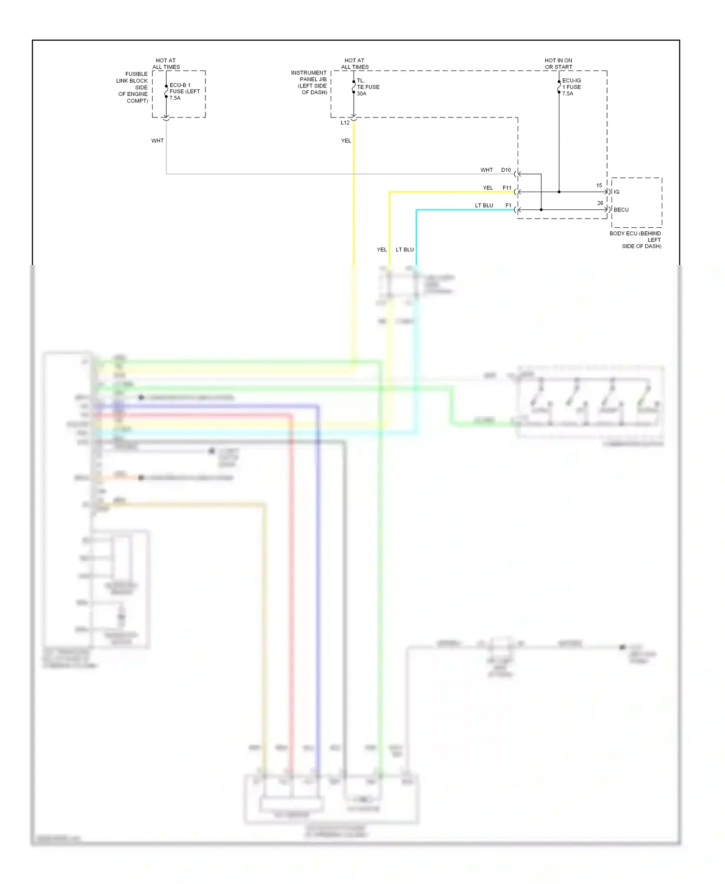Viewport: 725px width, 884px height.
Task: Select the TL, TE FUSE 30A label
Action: pyautogui.click(x=368, y=87)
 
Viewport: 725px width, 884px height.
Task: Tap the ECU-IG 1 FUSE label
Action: pyautogui.click(x=571, y=87)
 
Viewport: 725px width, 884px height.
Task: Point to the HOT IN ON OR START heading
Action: pyautogui.click(x=558, y=64)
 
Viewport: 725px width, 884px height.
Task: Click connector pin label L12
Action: pyautogui.click(x=345, y=123)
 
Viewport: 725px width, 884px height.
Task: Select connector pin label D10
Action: pyautogui.click(x=506, y=170)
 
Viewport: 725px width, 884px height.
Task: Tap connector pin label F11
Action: pyautogui.click(x=507, y=188)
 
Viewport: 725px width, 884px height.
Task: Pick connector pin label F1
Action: pyautogui.click(x=508, y=206)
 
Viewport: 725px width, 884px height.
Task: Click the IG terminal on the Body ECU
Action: pyautogui.click(x=616, y=192)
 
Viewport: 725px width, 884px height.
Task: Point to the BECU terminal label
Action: pyautogui.click(x=621, y=210)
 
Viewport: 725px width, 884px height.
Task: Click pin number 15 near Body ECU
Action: pyautogui.click(x=599, y=186)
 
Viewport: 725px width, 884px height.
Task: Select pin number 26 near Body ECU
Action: pyautogui.click(x=600, y=203)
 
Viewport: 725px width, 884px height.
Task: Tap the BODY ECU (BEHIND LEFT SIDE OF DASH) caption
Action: pyautogui.click(x=636, y=240)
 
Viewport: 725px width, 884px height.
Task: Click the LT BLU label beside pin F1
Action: pyautogui.click(x=484, y=206)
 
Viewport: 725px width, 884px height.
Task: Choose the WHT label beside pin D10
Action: pyautogui.click(x=486, y=170)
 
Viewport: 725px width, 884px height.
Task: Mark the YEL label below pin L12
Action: pyautogui.click(x=346, y=141)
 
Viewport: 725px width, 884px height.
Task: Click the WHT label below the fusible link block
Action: pyautogui.click(x=158, y=141)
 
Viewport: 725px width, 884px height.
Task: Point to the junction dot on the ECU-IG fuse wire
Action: pyautogui.click(x=559, y=192)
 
